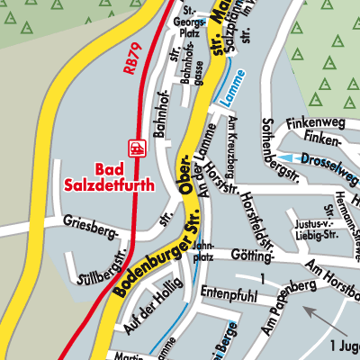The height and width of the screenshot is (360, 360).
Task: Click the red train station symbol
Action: (x=137, y=146)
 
